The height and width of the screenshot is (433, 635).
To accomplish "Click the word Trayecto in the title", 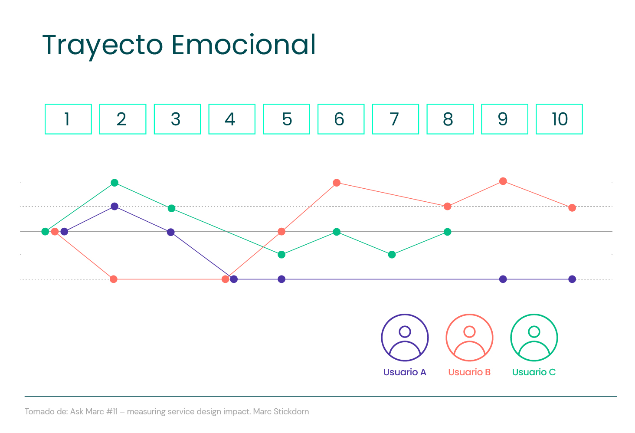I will (x=102, y=45).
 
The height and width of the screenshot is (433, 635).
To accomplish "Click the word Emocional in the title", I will (x=243, y=45).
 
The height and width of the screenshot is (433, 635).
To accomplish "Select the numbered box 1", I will (x=68, y=119).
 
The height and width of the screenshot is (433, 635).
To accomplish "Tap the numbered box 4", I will (x=232, y=119).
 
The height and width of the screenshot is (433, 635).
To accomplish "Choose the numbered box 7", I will (x=395, y=119).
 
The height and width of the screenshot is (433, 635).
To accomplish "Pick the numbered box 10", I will (x=559, y=119).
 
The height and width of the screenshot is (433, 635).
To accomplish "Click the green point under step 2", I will (x=115, y=183).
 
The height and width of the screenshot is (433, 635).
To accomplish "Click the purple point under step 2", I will (x=115, y=207).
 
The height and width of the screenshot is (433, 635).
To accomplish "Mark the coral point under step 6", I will (x=337, y=183).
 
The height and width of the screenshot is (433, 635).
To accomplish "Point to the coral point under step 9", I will (x=503, y=181).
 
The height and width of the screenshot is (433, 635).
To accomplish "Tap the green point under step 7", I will (x=392, y=255).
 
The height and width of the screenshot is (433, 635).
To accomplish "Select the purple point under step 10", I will (x=572, y=279).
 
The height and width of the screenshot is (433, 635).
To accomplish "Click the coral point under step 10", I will (x=572, y=208).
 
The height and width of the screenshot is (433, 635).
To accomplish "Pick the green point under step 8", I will (x=448, y=232).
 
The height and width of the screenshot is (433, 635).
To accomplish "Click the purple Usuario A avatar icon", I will (x=405, y=338).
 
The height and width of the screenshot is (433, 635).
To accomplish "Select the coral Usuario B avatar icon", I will (x=469, y=338).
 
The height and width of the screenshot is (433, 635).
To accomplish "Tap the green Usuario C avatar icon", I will (x=534, y=338).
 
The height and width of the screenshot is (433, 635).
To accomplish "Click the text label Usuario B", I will (x=469, y=372).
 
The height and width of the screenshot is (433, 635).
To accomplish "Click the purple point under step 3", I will (x=171, y=232).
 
